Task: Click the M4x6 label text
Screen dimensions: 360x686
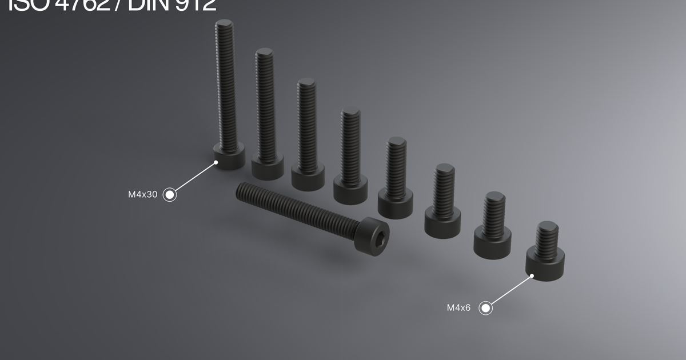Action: pos(458,308)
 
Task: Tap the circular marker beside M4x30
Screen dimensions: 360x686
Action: pos(169,195)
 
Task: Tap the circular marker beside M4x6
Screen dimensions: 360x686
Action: pos(485,309)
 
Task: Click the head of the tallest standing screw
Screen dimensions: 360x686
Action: pos(229,157)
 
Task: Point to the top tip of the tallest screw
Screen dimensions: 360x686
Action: pos(224,24)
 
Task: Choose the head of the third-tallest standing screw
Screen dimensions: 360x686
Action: pos(308,177)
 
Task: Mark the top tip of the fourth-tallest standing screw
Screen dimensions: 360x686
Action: pos(350,112)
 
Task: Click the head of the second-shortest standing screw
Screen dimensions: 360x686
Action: pos(492,245)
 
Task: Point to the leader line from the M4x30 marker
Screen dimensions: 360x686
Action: pos(194,178)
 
